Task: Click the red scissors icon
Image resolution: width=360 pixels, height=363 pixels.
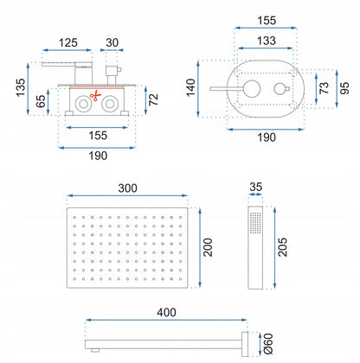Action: coord(95,96)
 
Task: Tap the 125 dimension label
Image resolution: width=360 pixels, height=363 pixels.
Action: coord(68,42)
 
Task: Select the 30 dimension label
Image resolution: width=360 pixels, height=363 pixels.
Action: coord(112,42)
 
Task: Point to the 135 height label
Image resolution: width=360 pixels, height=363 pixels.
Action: coord(21,87)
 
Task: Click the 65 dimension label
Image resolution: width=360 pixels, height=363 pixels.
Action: coord(41,101)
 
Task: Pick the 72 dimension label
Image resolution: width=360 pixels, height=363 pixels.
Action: coord(153,99)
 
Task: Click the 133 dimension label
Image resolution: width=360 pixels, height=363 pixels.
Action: coord(267,41)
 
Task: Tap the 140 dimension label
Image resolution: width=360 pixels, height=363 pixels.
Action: coord(190,87)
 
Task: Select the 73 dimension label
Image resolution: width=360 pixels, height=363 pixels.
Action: coord(325,88)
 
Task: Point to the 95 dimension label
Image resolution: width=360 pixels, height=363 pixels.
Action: coord(344,88)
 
